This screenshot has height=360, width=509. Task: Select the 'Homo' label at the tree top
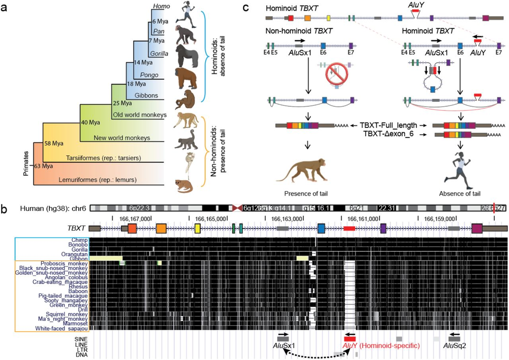[159, 6]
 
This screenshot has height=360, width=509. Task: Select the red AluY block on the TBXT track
[350, 228]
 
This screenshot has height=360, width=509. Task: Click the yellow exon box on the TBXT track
[198, 228]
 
